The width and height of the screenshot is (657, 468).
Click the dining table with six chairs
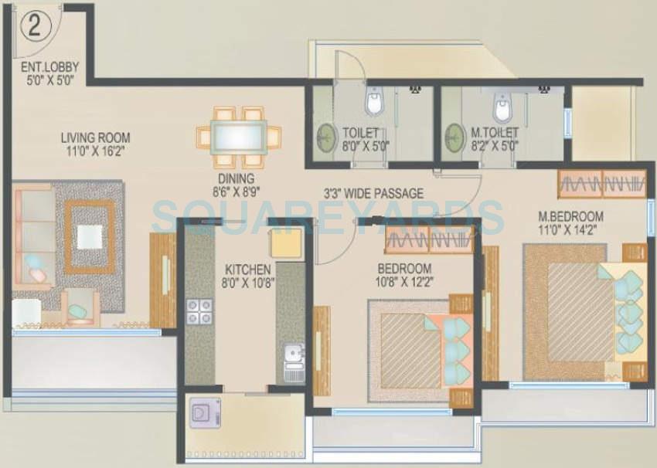[x=238, y=137]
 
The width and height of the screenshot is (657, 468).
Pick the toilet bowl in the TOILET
[x=374, y=103]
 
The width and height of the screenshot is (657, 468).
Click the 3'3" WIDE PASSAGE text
[x=373, y=194]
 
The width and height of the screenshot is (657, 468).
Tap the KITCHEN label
[x=247, y=270]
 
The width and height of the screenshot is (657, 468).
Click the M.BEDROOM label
[x=570, y=215]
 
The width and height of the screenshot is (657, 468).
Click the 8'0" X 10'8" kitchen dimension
[x=247, y=283]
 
